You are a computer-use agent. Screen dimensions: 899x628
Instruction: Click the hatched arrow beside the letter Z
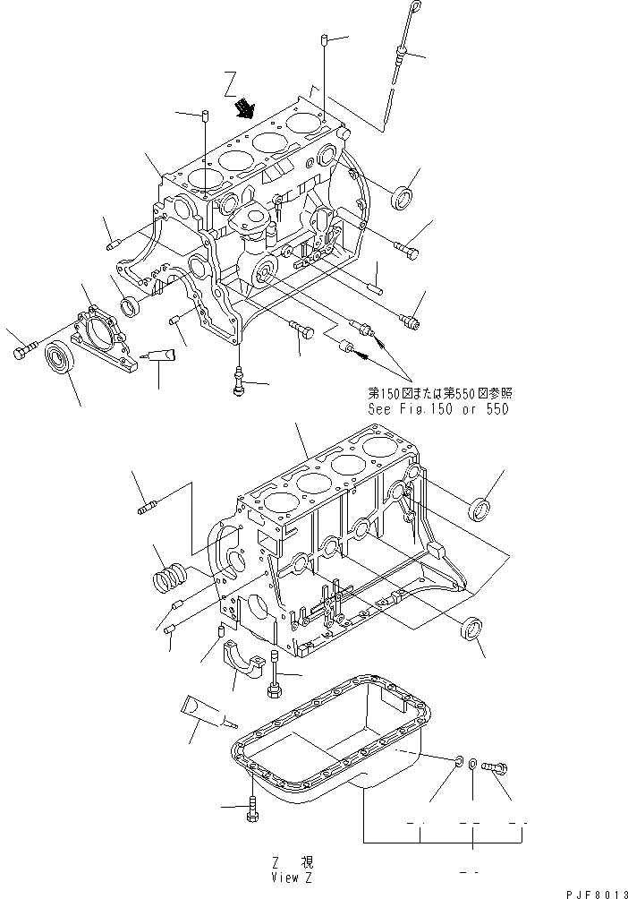[243, 110]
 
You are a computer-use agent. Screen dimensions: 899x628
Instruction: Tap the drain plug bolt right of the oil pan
[493, 766]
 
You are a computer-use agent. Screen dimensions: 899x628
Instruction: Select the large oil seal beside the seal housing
[62, 361]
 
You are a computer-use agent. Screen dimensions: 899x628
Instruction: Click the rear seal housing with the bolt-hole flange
[103, 337]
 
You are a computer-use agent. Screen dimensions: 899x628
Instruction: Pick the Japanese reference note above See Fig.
[441, 393]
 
